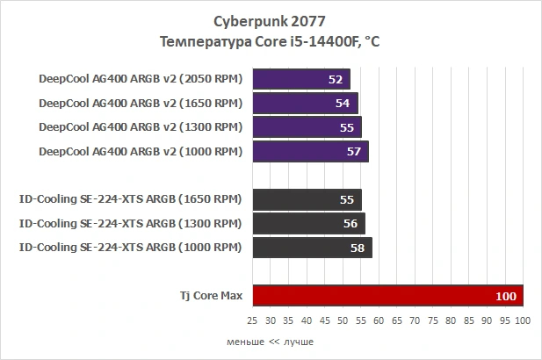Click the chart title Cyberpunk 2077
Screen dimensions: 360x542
pos(270,19)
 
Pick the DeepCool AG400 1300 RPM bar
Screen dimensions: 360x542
pos(307,127)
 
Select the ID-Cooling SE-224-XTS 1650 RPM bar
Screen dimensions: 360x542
pos(307,199)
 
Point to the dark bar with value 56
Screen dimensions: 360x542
pos(308,223)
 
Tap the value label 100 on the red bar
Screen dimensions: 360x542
pos(506,297)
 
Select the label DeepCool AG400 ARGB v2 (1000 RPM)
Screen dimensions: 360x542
pos(140,151)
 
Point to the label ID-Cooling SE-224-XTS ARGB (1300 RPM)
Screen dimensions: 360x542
pos(129,223)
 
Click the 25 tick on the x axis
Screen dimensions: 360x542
pos(252,321)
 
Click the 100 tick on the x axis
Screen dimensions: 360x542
pos(524,321)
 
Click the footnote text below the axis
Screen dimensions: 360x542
pos(270,342)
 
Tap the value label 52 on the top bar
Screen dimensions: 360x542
pos(335,79)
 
